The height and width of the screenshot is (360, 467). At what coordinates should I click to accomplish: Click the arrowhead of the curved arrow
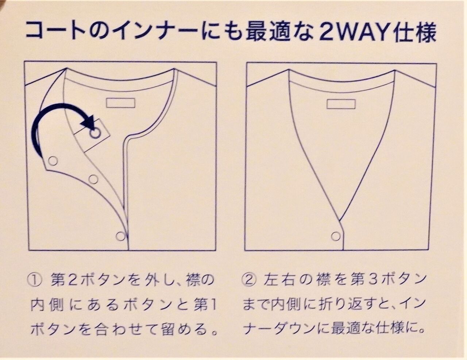coord(89,123)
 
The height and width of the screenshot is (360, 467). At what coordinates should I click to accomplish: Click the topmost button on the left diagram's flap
coord(53,160)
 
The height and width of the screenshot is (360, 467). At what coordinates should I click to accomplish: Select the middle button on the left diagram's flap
coord(93,179)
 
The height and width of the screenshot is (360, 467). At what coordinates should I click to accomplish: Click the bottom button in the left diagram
coord(120,236)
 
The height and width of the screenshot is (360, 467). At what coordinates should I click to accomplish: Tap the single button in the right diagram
coord(336,236)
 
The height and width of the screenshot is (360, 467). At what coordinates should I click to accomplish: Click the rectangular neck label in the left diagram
coord(120,103)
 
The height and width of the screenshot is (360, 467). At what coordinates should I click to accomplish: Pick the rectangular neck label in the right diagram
coord(341,104)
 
